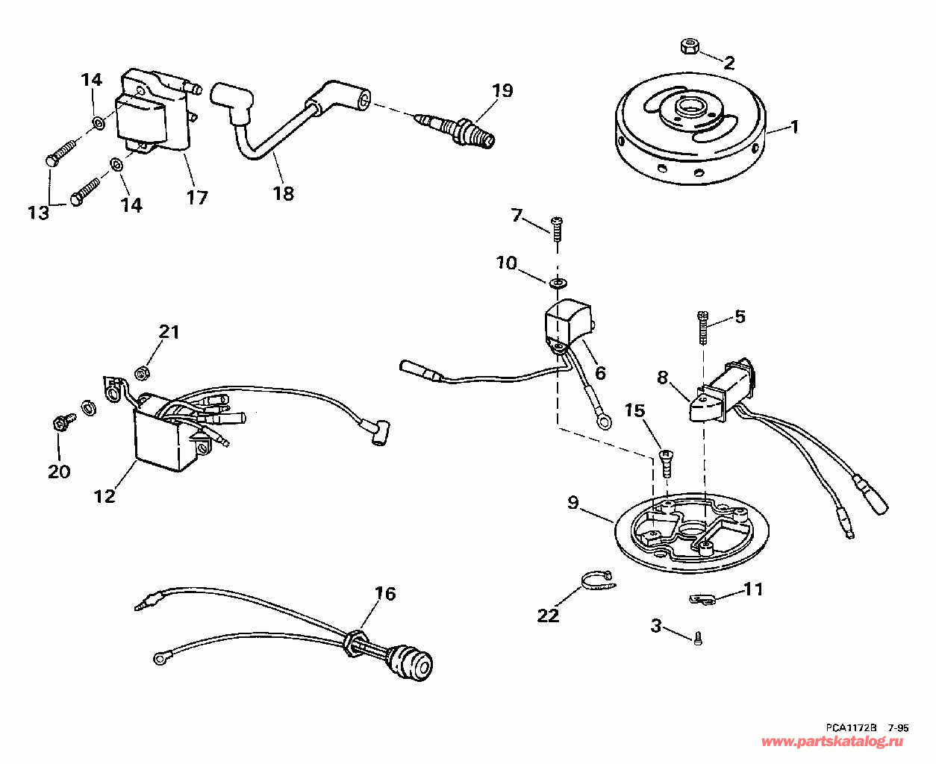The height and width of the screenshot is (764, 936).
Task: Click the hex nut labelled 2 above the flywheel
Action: (689, 47)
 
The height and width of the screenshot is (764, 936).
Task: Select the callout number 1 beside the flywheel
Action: (794, 127)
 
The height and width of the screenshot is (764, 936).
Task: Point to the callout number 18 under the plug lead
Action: (284, 193)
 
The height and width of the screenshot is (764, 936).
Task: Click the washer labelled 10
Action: (557, 283)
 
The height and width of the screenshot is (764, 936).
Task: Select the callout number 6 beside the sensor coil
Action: (599, 372)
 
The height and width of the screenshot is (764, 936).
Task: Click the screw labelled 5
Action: (702, 326)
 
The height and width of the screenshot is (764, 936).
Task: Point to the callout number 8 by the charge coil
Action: (663, 378)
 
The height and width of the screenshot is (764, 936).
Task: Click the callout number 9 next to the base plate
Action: (572, 503)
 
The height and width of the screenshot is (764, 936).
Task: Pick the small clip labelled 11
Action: (703, 598)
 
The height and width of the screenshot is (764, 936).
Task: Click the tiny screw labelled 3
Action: (698, 638)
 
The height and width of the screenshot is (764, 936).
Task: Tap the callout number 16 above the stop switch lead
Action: (385, 594)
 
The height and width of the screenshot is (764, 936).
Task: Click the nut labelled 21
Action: (144, 371)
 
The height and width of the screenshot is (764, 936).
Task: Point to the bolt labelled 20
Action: (59, 424)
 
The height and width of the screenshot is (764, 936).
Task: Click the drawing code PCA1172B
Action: (853, 727)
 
